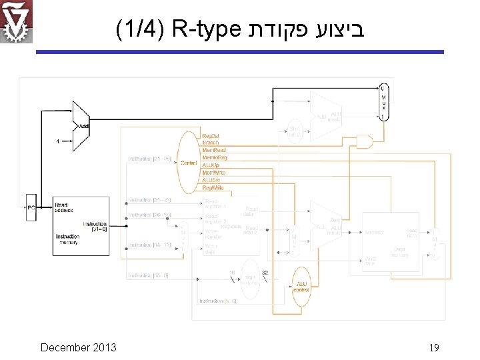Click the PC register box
pos(31,207)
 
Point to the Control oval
pos(189,162)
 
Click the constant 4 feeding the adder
pos(58,141)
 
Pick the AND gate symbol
pos(365,142)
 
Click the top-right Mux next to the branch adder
pos(383,102)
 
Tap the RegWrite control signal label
pos(213,187)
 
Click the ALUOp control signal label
pos(211,165)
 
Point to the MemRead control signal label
pos(213,150)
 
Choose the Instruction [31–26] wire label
pos(149,159)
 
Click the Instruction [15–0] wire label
pos(149,275)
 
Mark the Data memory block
pos(391,243)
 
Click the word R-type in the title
pos(205,30)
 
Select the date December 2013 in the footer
pos(78,347)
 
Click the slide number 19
pos(433,348)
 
